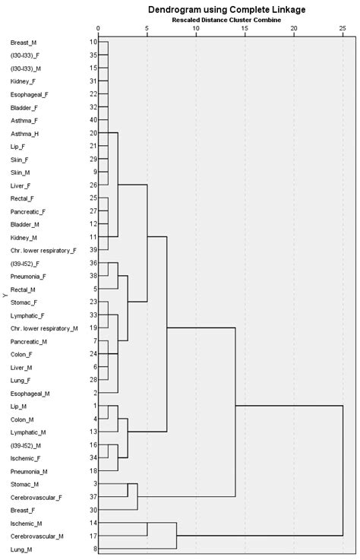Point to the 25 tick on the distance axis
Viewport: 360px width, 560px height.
coord(343,30)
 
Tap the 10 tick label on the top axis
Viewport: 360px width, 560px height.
coord(196,30)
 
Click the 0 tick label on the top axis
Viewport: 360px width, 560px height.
coord(98,30)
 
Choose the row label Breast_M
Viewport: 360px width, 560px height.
coord(24,42)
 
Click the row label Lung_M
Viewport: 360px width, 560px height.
coord(23,549)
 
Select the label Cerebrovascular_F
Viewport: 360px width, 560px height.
coord(36,497)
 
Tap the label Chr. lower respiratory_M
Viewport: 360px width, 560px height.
coord(44,328)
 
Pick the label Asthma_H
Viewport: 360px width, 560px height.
coord(25,133)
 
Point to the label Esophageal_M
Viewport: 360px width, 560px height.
coord(30,393)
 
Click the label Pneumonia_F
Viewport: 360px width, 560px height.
coord(29,276)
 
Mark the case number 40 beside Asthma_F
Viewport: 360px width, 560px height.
coord(93,120)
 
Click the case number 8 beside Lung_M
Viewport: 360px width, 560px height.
coord(94,549)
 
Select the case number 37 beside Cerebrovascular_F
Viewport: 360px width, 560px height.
coord(93,497)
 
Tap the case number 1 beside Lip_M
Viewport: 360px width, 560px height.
coord(94,406)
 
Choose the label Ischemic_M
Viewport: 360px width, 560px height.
coord(27,523)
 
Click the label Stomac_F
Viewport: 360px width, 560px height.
coord(24,302)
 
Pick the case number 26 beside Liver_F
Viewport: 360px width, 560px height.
coord(93,185)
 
